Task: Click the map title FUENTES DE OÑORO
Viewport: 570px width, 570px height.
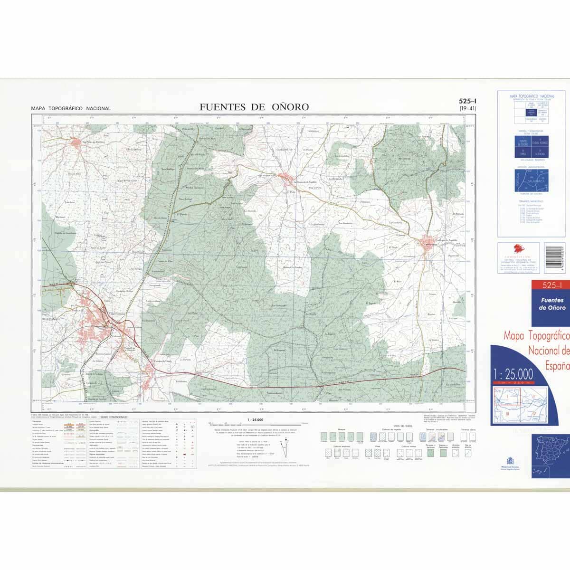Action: (x=254, y=107)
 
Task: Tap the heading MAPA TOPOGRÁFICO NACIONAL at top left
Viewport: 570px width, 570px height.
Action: (x=71, y=108)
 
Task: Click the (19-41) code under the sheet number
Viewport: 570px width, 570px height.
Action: (x=468, y=109)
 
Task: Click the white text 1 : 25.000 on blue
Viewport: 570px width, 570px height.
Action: (x=513, y=373)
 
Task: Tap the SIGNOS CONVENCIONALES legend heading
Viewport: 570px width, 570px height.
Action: (x=114, y=416)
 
